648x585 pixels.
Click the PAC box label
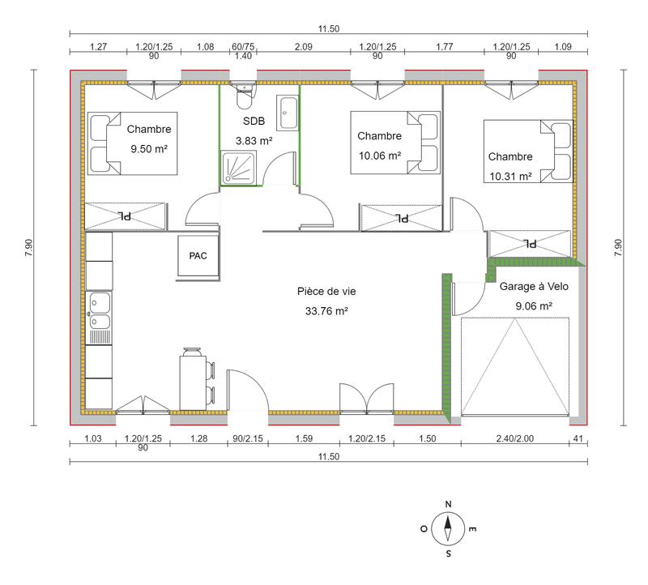pos(198,256)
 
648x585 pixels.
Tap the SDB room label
pos(254,121)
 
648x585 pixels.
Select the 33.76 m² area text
pos(326,310)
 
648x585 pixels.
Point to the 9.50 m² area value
pos(154,148)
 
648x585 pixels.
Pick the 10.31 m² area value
pos(510,176)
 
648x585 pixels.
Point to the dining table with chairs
pos(195,378)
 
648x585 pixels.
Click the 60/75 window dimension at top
pos(242,47)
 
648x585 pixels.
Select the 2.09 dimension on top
pos(304,47)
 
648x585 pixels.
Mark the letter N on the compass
pos(448,504)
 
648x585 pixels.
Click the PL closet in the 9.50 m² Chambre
pos(126,216)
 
